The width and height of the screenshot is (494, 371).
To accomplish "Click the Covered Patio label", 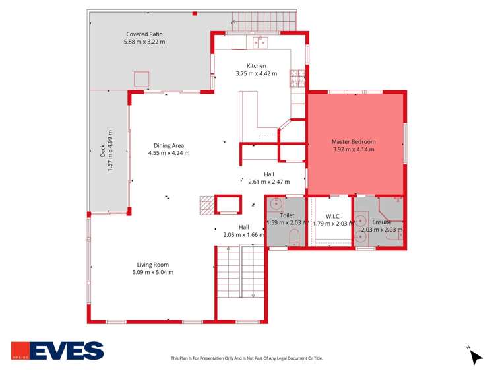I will coord(144,34).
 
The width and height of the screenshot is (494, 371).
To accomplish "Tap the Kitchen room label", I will coord(257,66).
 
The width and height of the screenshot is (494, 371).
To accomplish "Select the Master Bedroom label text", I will coord(354,142).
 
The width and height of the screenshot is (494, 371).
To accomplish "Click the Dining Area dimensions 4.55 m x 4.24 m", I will coord(169,153).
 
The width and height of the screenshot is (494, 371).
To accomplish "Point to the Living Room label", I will coord(152,265).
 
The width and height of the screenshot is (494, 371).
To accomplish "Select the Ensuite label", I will coord(382,222).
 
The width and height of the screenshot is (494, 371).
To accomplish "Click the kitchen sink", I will coord(261,43).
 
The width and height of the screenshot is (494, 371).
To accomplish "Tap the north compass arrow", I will coord(476,356).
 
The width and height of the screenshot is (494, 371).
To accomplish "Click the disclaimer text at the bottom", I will coord(247,358).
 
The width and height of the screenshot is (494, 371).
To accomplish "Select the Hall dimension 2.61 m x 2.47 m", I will coord(269,182).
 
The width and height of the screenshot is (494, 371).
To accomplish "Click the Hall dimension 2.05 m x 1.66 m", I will coord(244,235).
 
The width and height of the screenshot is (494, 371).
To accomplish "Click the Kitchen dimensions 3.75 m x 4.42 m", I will coord(257,73).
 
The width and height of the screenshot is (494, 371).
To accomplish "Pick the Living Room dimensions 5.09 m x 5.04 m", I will coord(152,272).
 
